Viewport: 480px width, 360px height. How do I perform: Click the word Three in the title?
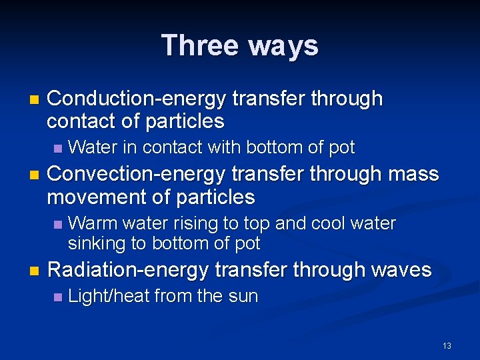[200, 45]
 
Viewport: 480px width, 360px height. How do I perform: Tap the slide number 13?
[447, 345]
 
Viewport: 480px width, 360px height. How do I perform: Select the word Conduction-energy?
[138, 99]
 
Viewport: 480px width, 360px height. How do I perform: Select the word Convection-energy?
[138, 175]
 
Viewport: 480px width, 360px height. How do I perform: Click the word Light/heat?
[109, 297]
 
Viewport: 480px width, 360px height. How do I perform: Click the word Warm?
[89, 223]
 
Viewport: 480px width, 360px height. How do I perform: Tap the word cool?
[337, 223]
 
